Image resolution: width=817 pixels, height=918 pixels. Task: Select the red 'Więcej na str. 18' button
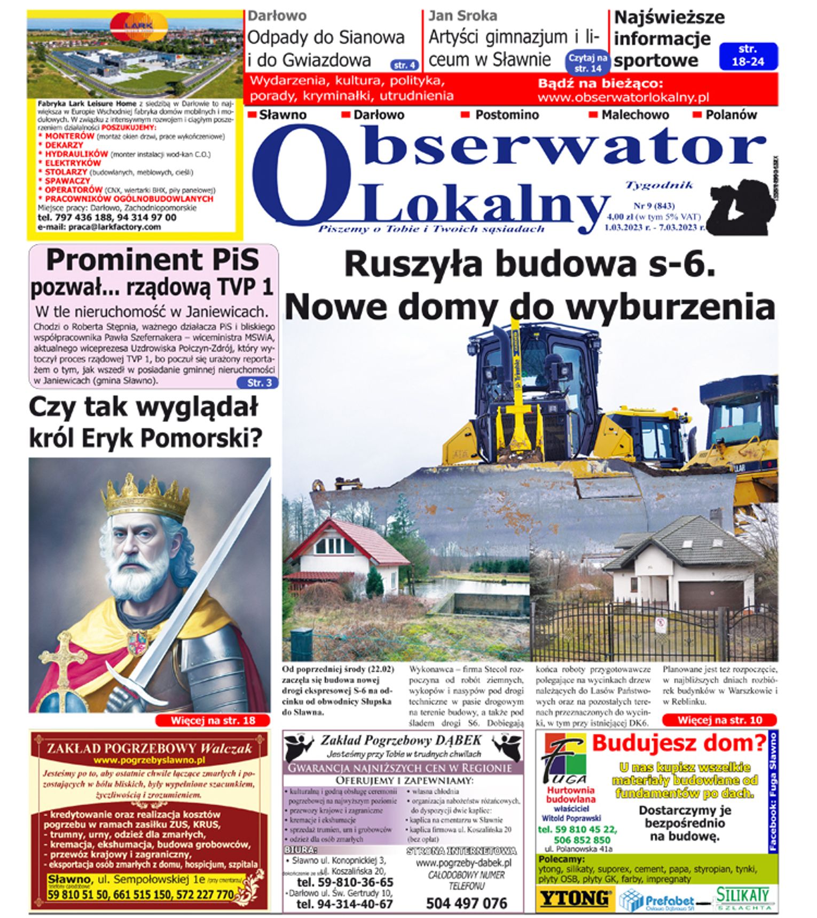coord(213,721)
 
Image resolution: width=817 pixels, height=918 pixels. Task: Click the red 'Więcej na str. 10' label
coord(719,720)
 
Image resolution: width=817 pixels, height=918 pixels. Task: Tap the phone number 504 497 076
coord(466,903)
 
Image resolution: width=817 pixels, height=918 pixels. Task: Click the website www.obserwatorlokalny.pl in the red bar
coord(623,97)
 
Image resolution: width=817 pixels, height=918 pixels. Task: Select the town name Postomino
coord(507,115)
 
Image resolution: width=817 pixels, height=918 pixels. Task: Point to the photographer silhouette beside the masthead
coord(742,205)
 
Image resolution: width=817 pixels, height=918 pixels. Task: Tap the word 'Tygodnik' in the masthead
coord(659,185)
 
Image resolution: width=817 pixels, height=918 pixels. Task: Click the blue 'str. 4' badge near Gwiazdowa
coord(405,65)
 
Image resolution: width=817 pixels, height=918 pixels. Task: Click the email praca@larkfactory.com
coord(99,227)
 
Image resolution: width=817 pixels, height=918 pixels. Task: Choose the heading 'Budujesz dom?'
coord(679,743)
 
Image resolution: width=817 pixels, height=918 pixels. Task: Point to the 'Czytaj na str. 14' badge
coord(587,62)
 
